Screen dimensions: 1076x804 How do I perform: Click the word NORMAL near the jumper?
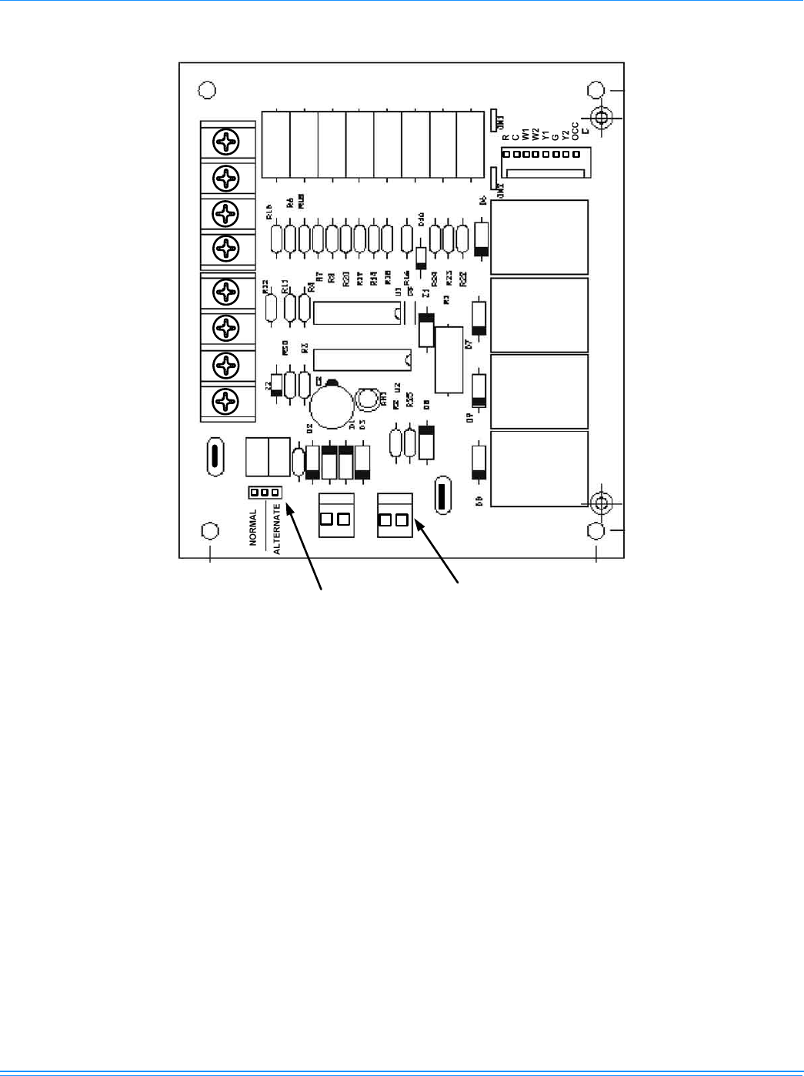[253, 527]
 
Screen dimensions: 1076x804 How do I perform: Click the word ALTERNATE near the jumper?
[277, 529]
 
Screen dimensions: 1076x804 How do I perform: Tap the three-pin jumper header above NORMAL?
[265, 492]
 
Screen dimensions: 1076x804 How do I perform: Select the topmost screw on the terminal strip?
[226, 142]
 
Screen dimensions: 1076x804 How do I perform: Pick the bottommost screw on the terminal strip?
[226, 401]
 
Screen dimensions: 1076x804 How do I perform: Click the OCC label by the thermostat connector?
[575, 132]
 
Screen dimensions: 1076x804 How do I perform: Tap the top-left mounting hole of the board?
[207, 90]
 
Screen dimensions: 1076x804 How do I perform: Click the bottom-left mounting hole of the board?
[209, 531]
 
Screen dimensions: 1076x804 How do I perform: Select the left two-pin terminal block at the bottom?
[336, 516]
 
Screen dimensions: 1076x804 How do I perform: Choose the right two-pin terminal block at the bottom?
[395, 516]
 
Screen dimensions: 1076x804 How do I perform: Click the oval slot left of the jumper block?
[215, 457]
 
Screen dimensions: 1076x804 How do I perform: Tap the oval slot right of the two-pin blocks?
[442, 495]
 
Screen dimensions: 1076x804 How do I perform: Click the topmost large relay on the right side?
[539, 237]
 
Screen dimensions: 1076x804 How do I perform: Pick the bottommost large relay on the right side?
[539, 468]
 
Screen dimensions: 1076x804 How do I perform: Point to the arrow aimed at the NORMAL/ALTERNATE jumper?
[304, 547]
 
